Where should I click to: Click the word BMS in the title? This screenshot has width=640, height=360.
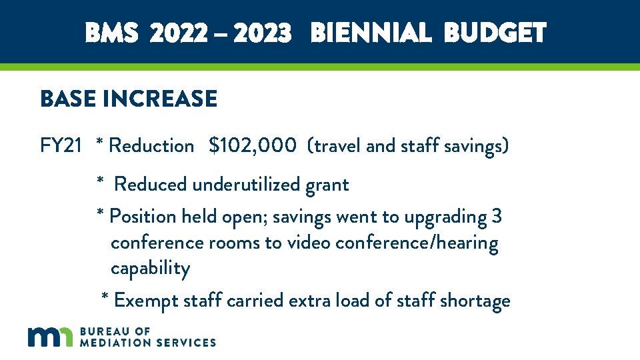[112, 32]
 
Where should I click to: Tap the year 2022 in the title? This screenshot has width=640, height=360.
[178, 32]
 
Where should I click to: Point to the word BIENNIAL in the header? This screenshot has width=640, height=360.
[371, 32]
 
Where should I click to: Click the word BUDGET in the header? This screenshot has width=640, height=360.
[495, 32]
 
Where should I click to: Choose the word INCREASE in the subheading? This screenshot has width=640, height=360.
[160, 99]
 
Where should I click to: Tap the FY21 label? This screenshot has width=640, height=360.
[61, 145]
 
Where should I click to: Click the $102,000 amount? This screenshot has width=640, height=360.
[252, 145]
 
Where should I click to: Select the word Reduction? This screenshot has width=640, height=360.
[151, 145]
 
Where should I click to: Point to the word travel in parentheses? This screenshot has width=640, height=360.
[337, 145]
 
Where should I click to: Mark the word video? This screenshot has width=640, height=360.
[309, 243]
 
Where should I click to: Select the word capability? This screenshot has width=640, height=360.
[150, 269]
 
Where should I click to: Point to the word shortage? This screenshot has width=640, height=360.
[474, 301]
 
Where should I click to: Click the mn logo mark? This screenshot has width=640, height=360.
[50, 337]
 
